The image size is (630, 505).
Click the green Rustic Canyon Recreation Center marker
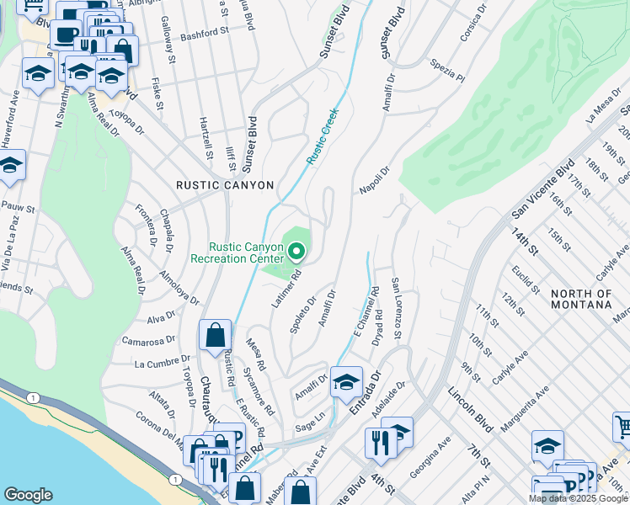(x=296, y=251)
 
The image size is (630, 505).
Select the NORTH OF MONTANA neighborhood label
(x=580, y=299)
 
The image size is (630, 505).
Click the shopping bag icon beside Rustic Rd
(x=215, y=334)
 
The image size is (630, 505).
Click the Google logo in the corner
(x=28, y=494)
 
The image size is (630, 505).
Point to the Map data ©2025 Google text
(x=578, y=498)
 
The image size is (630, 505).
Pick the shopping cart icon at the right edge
(x=622, y=427)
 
